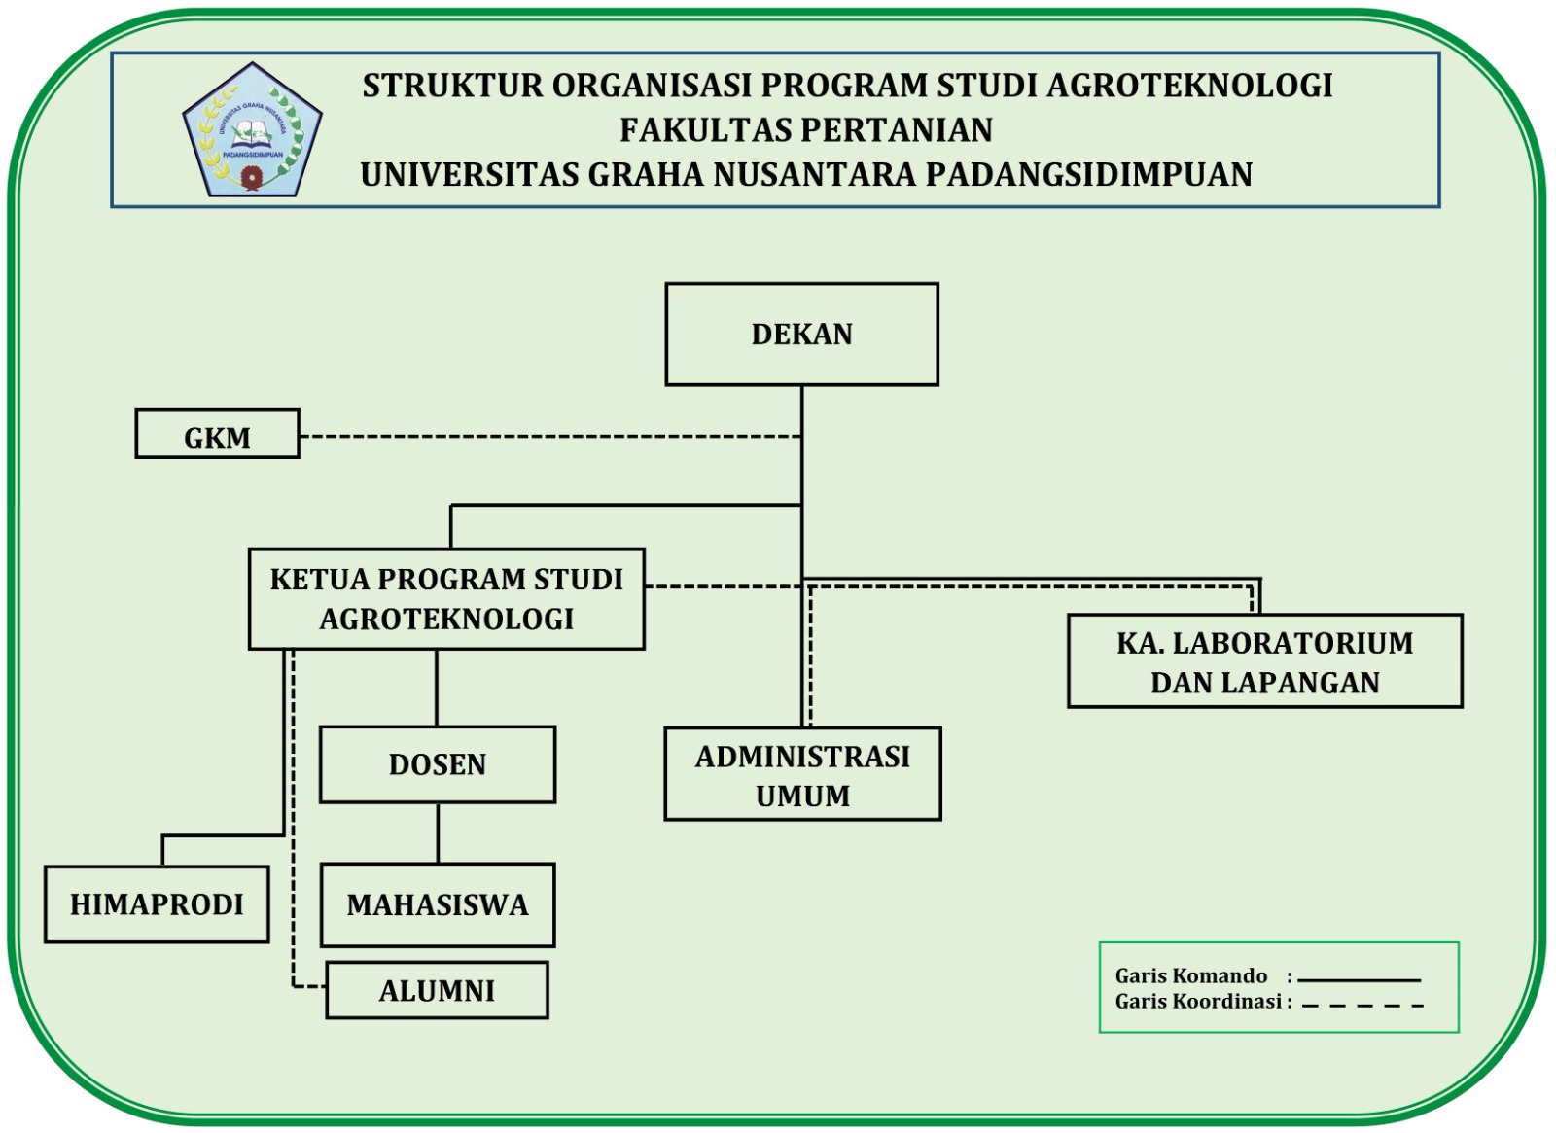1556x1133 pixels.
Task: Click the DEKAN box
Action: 801,335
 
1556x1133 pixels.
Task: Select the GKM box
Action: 217,435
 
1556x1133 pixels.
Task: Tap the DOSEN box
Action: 438,764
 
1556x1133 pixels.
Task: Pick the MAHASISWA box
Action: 438,905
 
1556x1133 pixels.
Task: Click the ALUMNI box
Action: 437,991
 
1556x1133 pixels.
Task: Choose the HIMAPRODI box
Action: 157,904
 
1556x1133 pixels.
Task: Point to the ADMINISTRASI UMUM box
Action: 802,774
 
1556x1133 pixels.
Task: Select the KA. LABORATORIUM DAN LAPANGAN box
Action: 1264,661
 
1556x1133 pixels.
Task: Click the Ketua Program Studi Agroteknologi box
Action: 446,599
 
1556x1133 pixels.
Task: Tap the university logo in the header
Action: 252,130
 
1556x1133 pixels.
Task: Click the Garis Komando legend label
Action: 1191,976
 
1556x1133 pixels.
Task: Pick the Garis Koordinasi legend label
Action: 1198,1002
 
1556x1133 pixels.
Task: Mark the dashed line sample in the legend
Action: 1361,1005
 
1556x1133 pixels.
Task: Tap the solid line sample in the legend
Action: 1359,980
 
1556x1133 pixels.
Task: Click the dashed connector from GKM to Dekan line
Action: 549,437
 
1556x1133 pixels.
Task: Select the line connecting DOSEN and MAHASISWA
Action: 438,832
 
